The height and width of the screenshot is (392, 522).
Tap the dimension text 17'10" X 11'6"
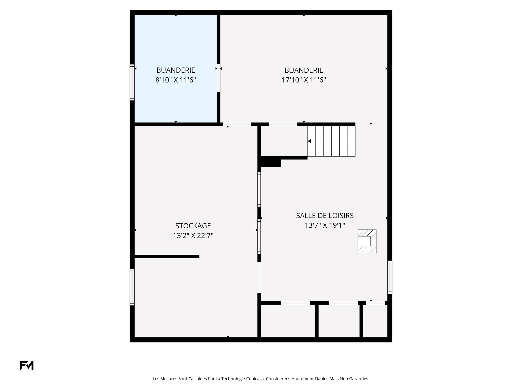tap(304, 80)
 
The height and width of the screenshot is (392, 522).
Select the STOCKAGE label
tap(193, 226)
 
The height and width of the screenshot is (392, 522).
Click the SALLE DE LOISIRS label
tap(325, 216)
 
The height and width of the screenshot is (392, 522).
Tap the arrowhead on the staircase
tap(309, 141)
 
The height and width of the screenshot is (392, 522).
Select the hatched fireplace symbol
tap(367, 241)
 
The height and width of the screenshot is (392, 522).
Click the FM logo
tap(27, 366)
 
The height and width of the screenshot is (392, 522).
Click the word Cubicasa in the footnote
tap(255, 379)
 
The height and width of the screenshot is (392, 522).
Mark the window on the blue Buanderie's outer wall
tap(132, 82)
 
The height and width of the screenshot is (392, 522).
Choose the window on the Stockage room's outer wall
tap(132, 287)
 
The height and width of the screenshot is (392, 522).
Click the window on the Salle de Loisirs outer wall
tap(390, 277)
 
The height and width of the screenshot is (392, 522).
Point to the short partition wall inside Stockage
tap(167, 256)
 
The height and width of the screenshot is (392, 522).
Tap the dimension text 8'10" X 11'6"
tap(176, 80)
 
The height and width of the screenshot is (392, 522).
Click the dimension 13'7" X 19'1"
tap(325, 225)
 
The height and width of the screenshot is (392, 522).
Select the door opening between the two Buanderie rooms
tap(219, 78)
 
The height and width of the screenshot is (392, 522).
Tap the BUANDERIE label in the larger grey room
tap(304, 70)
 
